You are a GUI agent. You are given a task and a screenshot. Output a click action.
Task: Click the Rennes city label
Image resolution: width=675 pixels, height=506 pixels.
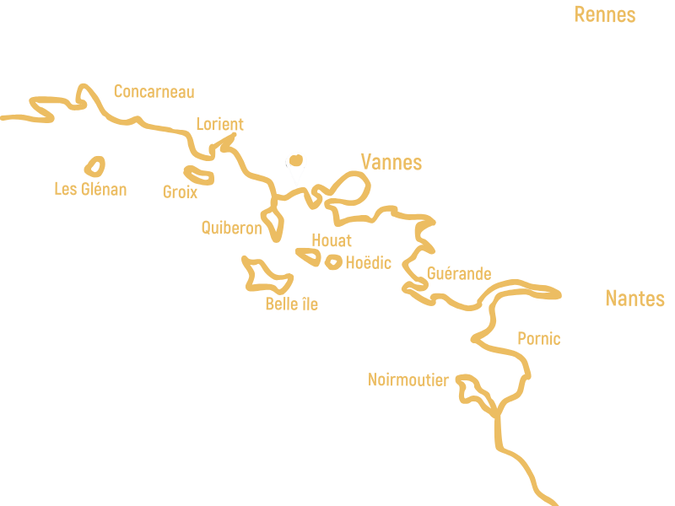604,14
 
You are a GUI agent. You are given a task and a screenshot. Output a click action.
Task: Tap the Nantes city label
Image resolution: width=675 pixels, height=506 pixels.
634,299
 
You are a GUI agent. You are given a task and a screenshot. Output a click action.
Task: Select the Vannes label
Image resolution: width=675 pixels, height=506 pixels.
391,162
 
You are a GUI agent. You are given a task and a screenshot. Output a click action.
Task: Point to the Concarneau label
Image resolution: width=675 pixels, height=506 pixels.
154,91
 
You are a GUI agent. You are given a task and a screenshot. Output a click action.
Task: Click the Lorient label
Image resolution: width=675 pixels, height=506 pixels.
219,124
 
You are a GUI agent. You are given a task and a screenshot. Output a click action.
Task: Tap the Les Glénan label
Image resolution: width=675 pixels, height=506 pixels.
90,189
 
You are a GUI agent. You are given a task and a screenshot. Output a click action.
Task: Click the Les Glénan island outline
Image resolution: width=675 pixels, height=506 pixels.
94,166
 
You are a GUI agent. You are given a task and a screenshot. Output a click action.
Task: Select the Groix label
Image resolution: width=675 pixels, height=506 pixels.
180,192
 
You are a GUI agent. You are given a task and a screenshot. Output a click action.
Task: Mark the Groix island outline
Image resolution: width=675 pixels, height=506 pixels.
199,175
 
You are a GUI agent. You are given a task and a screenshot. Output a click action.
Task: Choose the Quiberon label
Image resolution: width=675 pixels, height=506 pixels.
231,227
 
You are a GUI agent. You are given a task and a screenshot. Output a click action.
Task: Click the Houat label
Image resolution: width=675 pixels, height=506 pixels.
332,240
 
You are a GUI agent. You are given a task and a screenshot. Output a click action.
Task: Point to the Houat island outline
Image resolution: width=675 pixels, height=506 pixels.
308,255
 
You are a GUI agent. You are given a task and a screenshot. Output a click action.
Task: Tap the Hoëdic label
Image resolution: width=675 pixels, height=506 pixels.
369,263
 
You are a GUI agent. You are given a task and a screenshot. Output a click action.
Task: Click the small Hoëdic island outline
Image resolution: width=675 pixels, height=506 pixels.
333,262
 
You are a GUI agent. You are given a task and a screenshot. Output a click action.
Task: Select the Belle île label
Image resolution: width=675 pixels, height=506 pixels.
291,304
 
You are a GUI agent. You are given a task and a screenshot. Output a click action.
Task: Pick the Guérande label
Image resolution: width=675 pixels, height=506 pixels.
459,273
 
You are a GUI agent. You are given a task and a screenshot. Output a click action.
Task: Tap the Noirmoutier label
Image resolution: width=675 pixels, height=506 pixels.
408,380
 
